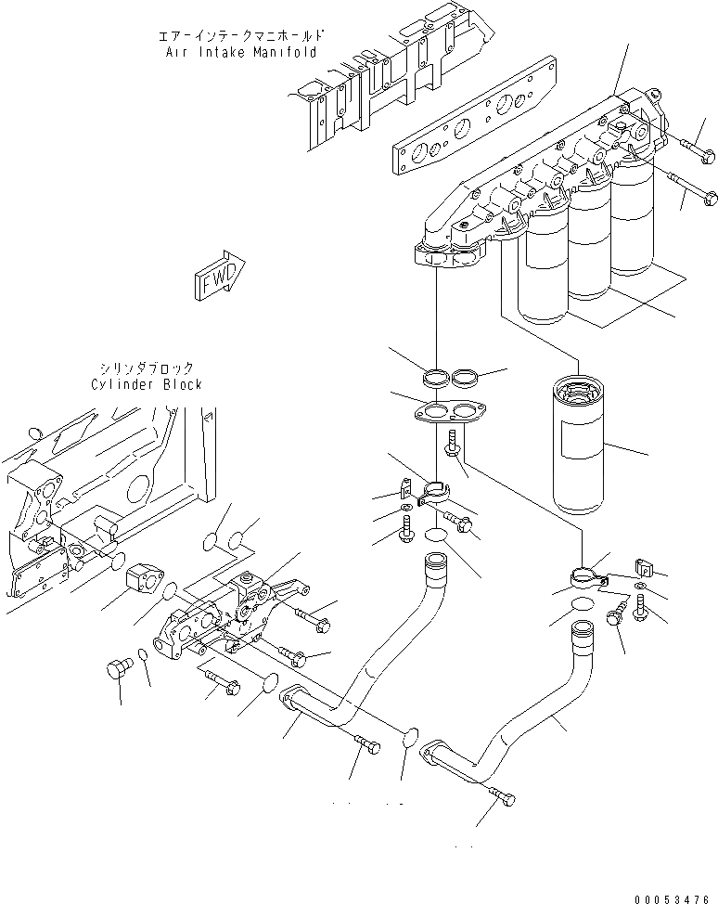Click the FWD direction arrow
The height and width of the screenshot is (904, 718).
click(219, 276)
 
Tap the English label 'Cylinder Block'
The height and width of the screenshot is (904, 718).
click(146, 384)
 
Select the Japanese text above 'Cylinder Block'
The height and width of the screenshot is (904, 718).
click(148, 368)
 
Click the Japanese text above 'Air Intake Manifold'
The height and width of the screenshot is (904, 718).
click(239, 37)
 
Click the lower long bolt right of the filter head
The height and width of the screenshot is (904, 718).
click(700, 193)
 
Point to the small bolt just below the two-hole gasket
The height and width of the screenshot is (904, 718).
click(454, 443)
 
